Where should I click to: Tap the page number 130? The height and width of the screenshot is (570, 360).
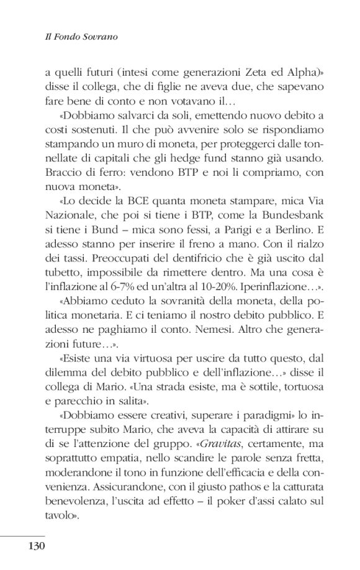click(37, 546)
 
